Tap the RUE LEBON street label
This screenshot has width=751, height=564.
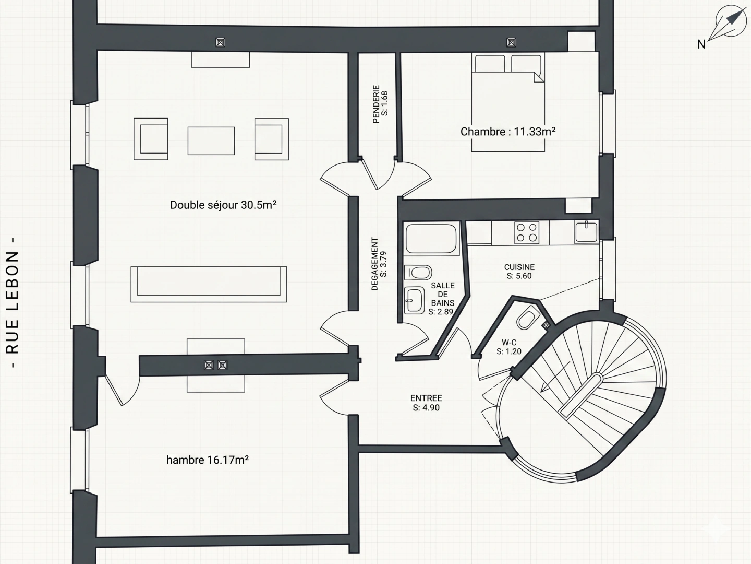click(x=13, y=303)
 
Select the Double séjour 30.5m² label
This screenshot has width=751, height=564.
click(x=223, y=205)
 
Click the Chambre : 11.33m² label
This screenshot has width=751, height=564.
click(x=508, y=132)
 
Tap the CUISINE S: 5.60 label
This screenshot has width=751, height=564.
click(x=519, y=272)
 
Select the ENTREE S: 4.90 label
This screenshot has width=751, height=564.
click(x=426, y=403)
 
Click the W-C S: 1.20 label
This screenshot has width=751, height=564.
click(x=509, y=347)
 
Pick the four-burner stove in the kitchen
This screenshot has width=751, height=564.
click(x=527, y=232)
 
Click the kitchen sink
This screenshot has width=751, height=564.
click(x=586, y=231)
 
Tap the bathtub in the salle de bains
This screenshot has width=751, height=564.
click(x=431, y=238)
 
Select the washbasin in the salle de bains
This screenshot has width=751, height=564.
click(x=414, y=300)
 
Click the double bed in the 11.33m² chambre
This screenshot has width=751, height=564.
click(x=508, y=102)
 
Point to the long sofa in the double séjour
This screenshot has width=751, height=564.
click(x=209, y=284)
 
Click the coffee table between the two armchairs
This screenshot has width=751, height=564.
click(x=211, y=141)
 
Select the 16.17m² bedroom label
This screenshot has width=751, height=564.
click(x=208, y=460)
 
